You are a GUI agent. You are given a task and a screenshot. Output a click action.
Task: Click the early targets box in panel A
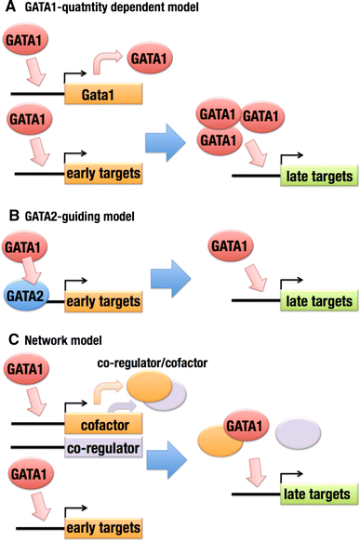tap(102, 173)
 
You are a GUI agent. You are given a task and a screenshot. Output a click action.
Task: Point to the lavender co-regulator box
tap(102, 450)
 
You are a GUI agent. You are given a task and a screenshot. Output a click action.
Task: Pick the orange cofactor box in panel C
tap(102, 427)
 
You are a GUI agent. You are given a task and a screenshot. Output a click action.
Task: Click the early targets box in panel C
tap(102, 530)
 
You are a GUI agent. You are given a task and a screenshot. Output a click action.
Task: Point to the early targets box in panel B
tap(102, 302)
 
